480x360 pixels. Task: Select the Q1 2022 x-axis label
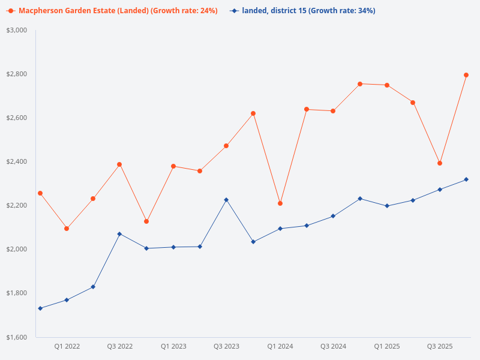tap(67, 346)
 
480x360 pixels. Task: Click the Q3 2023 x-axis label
tap(226, 346)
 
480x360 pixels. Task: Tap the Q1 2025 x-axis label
tap(387, 346)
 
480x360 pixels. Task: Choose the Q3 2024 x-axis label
tap(333, 346)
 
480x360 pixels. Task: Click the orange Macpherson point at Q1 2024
tap(280, 203)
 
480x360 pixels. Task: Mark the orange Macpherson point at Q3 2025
tap(440, 163)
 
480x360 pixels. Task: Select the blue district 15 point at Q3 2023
tap(226, 200)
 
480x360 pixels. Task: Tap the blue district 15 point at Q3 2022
tap(119, 234)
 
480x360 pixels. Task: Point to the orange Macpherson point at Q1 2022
tap(67, 229)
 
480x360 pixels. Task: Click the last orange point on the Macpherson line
tap(466, 75)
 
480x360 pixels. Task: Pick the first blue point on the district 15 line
tap(40, 308)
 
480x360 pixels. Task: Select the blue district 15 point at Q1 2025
tap(387, 206)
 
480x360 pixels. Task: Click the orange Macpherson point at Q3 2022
tap(119, 164)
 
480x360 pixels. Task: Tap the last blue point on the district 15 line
tap(466, 179)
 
